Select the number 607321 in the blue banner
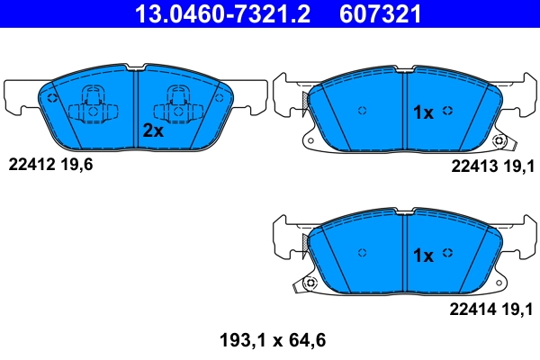[x=382, y=14]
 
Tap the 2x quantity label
[x=153, y=130]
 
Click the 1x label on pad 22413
[x=423, y=112]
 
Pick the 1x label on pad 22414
[x=423, y=256]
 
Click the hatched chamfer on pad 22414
[x=311, y=244]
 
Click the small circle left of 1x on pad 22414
[x=364, y=254]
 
